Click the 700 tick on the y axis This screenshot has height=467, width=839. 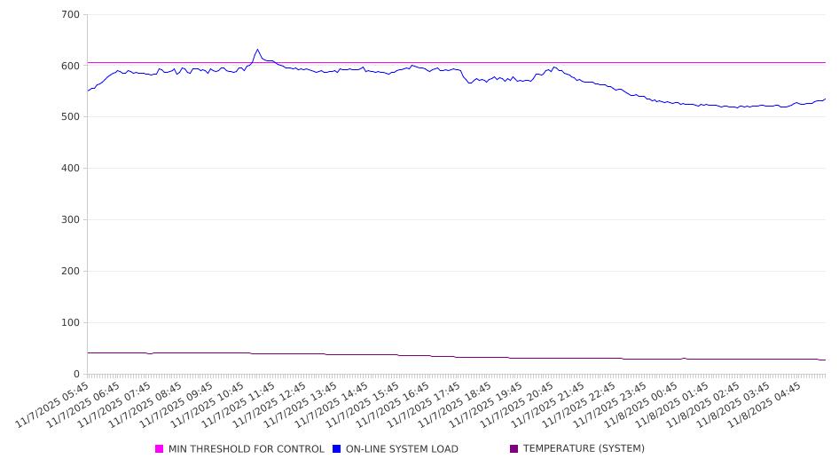click(x=71, y=15)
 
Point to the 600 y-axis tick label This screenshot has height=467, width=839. click(x=71, y=67)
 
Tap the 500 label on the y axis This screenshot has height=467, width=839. click(x=71, y=117)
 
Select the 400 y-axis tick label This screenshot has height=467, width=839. click(x=71, y=169)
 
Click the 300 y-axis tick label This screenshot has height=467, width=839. click(x=71, y=220)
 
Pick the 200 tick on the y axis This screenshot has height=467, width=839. click(x=71, y=272)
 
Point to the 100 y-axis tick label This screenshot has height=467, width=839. click(x=71, y=323)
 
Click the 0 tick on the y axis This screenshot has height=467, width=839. click(x=77, y=375)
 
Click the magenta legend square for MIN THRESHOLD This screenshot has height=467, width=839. click(x=160, y=449)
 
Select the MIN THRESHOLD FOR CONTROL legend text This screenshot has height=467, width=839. click(x=246, y=449)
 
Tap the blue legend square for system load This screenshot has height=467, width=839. click(x=337, y=449)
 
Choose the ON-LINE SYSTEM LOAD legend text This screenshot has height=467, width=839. click(x=402, y=449)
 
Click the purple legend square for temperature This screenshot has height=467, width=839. click(x=514, y=449)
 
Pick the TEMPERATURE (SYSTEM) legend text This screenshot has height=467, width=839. click(x=584, y=449)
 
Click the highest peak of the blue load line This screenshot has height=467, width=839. click(x=257, y=50)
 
